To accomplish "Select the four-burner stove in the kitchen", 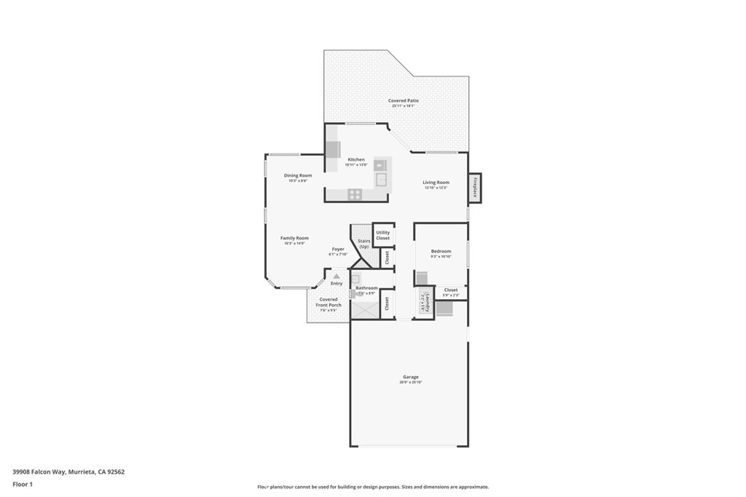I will (355, 194).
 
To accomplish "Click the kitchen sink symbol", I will (380, 179).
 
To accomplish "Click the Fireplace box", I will (475, 188).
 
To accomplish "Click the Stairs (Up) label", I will (364, 243).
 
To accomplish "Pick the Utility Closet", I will (383, 235).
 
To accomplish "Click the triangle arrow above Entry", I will (337, 277).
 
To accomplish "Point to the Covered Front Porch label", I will (328, 302).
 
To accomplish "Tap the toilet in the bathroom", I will (359, 293).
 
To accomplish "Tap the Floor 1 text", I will (23, 484).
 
